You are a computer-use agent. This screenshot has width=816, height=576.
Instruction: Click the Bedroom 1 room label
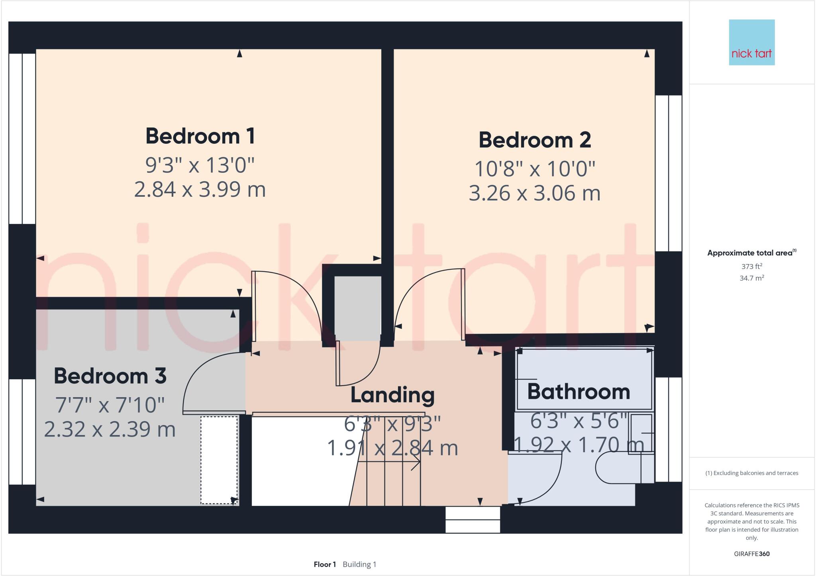point(200,136)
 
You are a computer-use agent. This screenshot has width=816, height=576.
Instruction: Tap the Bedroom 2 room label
point(535,140)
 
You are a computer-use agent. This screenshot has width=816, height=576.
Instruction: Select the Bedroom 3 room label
point(110,376)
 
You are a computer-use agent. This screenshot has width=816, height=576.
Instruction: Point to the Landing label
point(392,395)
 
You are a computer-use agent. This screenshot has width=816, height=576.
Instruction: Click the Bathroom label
point(579,392)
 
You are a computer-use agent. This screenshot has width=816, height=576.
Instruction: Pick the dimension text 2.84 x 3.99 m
point(200,189)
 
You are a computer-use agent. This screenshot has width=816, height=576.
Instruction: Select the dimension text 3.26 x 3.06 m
point(535,193)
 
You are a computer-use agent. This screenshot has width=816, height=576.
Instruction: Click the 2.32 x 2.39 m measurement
point(110,429)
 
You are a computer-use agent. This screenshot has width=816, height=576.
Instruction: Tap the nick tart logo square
point(752,42)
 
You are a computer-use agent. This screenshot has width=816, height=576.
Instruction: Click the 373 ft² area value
point(752,266)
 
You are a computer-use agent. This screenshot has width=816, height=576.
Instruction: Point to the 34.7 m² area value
point(752,278)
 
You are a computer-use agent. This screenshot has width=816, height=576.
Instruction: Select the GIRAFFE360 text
point(752,554)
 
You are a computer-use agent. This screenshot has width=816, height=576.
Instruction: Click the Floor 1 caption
point(325,564)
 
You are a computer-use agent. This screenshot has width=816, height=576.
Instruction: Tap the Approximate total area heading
point(751,253)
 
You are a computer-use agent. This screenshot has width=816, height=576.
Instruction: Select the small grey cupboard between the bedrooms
point(357,308)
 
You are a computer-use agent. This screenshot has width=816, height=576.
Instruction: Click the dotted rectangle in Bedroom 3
point(219,460)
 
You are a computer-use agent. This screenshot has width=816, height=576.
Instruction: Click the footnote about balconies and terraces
point(752,473)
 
